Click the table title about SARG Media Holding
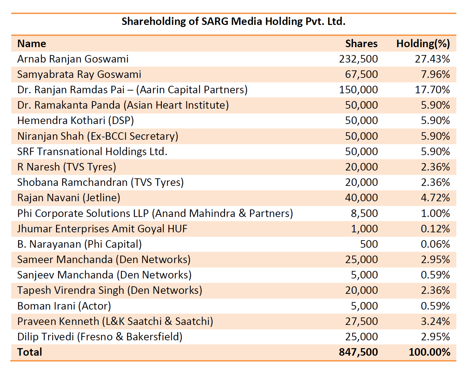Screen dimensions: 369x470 pos(233,22)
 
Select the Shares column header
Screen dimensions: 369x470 pos(361,44)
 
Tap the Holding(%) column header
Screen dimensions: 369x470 pos(423,44)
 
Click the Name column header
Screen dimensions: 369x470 pos(31,44)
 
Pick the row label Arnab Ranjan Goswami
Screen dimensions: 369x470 pos(73,59)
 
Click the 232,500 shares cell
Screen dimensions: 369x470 pos(358,59)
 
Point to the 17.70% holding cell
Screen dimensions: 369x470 pos(432,90)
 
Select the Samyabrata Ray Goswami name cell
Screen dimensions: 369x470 pos(79,74)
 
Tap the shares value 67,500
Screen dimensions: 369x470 pos(361,74)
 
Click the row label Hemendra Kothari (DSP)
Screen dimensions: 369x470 pos(75,121)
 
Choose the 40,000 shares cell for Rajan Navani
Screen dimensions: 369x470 pos(361,198)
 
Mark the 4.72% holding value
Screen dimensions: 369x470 pos(435,198)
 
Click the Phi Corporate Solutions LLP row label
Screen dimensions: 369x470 pos(155,214)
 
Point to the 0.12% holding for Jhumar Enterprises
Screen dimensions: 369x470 pos(435,229)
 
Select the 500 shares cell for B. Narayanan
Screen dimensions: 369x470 pos(369,244)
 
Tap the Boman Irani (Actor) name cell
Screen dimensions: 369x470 pos(64,306)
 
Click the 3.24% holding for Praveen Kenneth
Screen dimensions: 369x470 pos(435,322)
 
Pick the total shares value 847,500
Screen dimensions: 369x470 pos(358,352)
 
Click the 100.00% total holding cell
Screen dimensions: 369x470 pos(429,352)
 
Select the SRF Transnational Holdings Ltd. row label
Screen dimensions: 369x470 pos(92,152)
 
